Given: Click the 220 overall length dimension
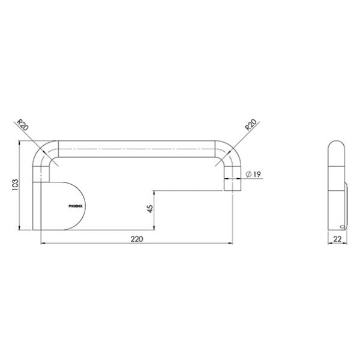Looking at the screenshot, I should coord(137,238).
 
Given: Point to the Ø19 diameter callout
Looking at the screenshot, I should coord(253,175).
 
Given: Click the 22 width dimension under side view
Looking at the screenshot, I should coord(337,239).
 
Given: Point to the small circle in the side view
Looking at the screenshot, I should coord(342,226).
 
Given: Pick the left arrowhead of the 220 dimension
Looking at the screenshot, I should coord(43,243).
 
